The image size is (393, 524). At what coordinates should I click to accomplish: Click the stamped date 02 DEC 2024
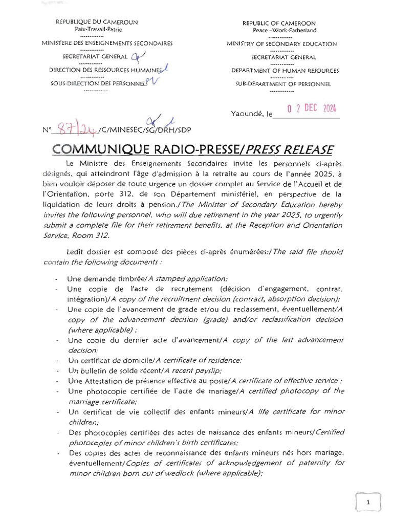(x=312, y=109)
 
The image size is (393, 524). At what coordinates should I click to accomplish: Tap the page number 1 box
(x=368, y=503)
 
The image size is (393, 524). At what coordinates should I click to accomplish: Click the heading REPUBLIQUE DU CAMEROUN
(x=97, y=23)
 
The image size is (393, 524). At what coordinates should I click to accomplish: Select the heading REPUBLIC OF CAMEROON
(x=279, y=24)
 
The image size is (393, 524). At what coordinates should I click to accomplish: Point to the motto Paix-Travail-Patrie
(x=96, y=30)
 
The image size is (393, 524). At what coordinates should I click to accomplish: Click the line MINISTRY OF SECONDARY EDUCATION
(x=281, y=44)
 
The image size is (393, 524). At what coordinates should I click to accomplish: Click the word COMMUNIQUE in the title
(x=101, y=149)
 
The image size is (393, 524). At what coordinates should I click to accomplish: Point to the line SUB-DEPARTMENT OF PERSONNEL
(x=283, y=84)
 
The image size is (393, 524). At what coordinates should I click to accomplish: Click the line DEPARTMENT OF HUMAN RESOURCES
(x=285, y=71)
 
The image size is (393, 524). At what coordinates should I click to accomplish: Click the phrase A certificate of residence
(x=199, y=360)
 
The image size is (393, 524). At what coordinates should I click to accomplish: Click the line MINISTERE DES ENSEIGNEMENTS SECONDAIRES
(x=107, y=43)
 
